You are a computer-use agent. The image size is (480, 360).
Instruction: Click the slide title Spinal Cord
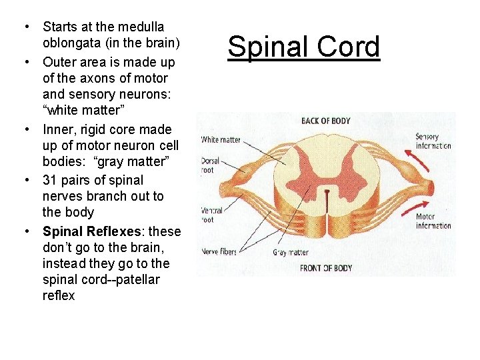[x=303, y=48]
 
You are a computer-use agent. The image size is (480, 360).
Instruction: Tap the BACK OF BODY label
[x=325, y=121]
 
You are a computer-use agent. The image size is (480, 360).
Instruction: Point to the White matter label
[x=221, y=140]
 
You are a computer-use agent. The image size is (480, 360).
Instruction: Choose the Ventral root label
[x=211, y=215]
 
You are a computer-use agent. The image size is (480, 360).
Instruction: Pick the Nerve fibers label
[x=219, y=252]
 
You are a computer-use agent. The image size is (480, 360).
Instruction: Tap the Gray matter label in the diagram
[x=291, y=253]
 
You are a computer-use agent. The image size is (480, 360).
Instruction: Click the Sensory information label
[x=433, y=141]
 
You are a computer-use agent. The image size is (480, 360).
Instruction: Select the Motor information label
[x=433, y=221]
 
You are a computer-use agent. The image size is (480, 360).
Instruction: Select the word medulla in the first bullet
[x=144, y=27]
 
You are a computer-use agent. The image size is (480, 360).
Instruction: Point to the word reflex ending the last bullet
[x=59, y=295]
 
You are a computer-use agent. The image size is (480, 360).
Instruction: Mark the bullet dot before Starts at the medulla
[x=25, y=27]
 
